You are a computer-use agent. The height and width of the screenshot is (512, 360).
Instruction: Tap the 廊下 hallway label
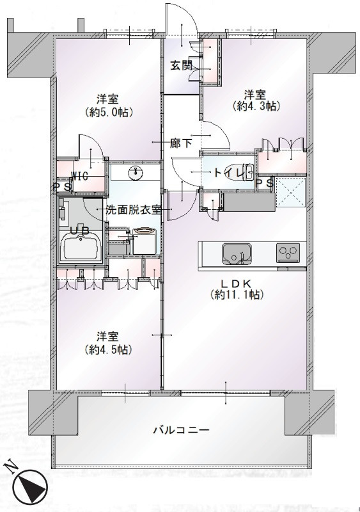coord(181,143)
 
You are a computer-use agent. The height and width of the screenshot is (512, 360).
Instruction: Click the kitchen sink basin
coord(237,253)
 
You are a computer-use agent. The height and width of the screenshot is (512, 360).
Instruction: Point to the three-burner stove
coord(288,253)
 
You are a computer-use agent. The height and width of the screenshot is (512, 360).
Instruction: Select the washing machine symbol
coord(145,241)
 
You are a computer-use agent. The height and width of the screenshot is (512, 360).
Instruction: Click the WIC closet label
coord(80,177)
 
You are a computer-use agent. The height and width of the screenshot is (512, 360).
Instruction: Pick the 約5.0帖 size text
coord(109,113)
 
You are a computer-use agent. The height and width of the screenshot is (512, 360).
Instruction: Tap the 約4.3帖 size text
coord(256,106)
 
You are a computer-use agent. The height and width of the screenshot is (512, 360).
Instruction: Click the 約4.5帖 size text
coord(109,349)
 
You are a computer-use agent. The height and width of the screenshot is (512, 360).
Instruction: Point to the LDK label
coord(237,283)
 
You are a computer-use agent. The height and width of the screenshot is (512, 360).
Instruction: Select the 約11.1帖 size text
coord(237,294)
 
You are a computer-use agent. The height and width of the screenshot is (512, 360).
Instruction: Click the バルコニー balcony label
coord(182,429)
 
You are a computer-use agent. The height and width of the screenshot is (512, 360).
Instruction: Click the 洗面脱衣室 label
coord(134,210)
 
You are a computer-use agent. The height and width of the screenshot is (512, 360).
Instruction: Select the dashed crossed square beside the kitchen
coord(290,193)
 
